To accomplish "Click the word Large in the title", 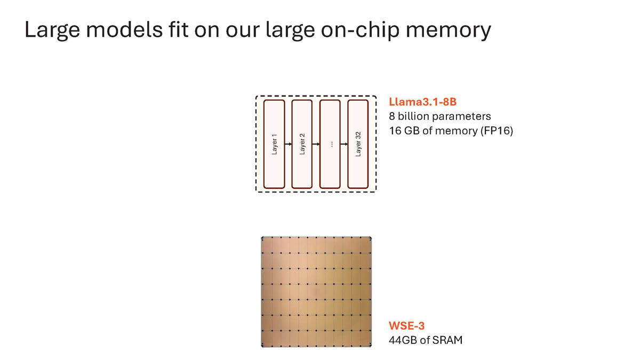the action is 52,30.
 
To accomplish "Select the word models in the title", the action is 124,29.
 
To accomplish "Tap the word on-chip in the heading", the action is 361,30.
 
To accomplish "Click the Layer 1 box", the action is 274,144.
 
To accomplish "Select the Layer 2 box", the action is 302,144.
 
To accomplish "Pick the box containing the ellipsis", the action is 330,144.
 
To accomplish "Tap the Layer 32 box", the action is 358,144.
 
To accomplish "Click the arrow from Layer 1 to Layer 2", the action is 289,144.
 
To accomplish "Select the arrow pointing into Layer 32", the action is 344,144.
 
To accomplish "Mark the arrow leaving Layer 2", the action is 316,144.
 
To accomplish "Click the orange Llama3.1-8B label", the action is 422,102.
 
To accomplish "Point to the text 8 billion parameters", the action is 439,116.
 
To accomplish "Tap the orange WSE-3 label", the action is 406,326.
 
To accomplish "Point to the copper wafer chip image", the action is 316,292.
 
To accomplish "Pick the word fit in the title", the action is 178,29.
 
